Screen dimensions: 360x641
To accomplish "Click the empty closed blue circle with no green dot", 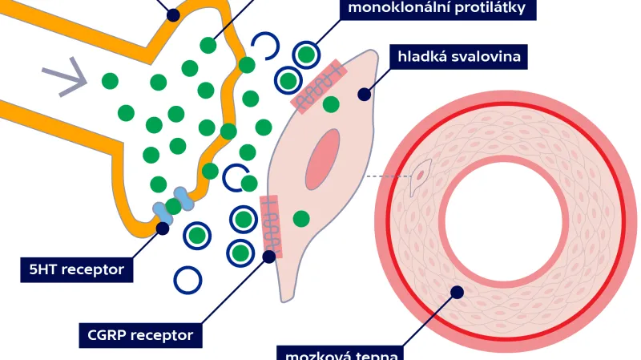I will tap(187, 279).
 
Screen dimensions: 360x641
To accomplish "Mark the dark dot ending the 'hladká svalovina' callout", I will tap(364, 95).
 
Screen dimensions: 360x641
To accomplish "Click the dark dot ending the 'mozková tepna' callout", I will tap(457, 292).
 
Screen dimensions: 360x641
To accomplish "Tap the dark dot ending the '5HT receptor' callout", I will tap(163, 228).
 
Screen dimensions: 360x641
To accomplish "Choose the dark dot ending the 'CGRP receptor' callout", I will tap(269, 255).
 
